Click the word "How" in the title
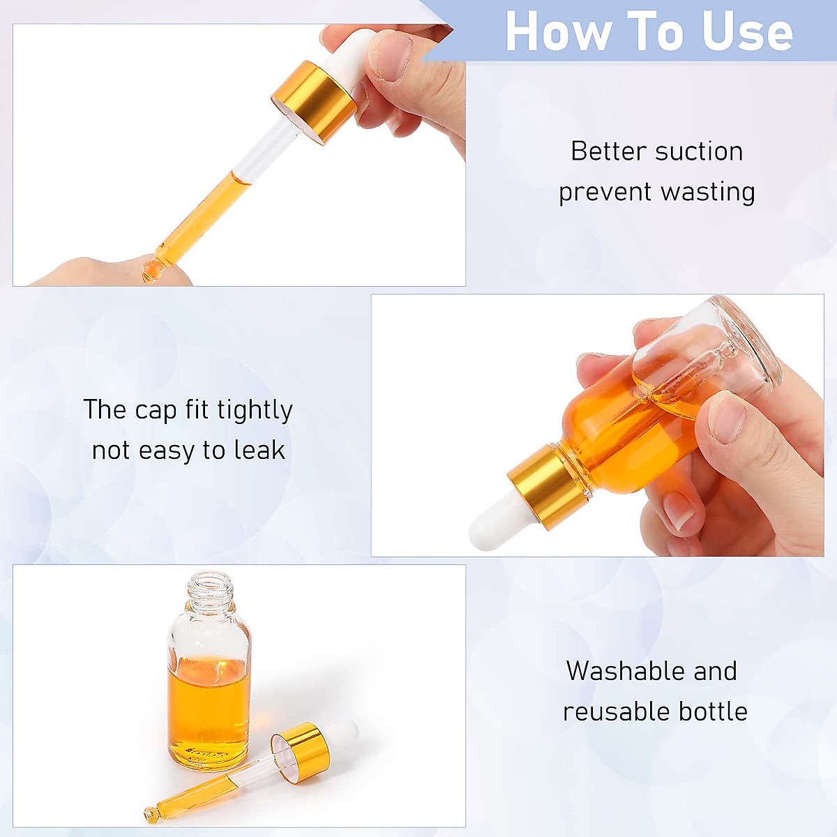(x=557, y=32)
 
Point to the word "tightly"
(x=255, y=410)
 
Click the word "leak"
(x=259, y=451)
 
